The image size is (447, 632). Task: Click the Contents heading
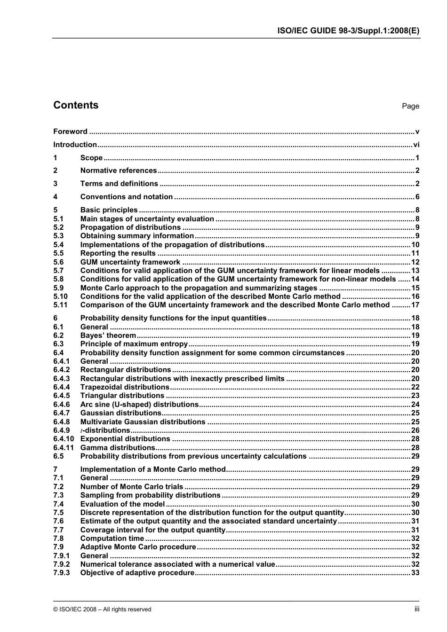pos(76,105)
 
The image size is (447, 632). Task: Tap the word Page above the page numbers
pos(410,106)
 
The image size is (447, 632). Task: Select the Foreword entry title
pos(70,132)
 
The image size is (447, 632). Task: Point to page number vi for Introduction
pos(416,145)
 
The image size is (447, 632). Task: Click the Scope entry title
pos(91,158)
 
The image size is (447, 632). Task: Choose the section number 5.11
pos(60,305)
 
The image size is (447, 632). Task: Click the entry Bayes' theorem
pos(108,336)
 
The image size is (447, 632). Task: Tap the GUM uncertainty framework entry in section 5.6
pos(130,262)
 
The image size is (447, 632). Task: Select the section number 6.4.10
pos(63,439)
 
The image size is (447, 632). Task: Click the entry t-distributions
pos(105,430)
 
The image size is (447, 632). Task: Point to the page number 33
pos(415,573)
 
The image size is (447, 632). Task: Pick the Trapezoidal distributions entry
pos(125,387)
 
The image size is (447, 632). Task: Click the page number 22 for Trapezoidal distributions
pos(415,387)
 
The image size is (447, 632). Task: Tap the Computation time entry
pos(112,538)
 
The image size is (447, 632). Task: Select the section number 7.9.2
pos(61,564)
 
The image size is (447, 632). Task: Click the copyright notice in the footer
pos(102,609)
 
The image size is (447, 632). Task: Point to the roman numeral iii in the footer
pos(417,609)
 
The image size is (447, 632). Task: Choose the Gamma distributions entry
pos(118,448)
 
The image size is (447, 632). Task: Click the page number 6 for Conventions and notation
pos(417,197)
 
